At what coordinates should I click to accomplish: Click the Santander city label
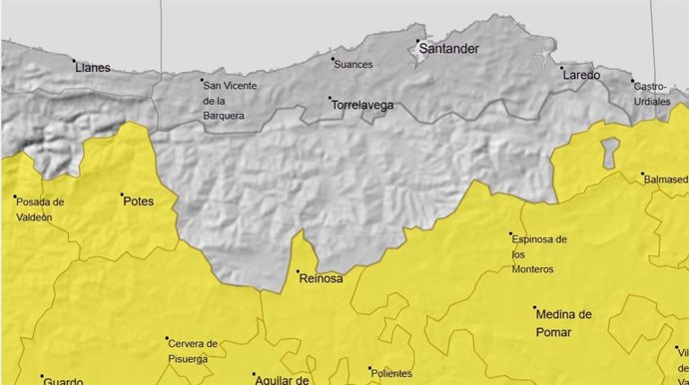[449, 48]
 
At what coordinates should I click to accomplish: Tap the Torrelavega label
[361, 104]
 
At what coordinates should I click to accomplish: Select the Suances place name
[353, 65]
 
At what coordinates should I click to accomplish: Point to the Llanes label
[92, 68]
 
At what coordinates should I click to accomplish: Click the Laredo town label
[581, 75]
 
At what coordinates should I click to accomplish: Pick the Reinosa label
[321, 278]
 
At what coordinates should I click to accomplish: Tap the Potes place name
[138, 200]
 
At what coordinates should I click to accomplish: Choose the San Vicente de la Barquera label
[230, 100]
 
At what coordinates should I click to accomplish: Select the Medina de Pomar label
[563, 320]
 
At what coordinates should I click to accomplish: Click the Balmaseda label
[666, 180]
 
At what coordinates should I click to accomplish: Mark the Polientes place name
[390, 374]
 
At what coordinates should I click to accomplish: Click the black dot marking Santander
[417, 41]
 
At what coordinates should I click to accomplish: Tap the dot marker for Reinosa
[297, 271]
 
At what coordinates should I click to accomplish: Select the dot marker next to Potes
[122, 195]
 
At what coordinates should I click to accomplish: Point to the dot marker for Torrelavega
[330, 98]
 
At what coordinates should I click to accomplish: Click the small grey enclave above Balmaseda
[609, 151]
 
